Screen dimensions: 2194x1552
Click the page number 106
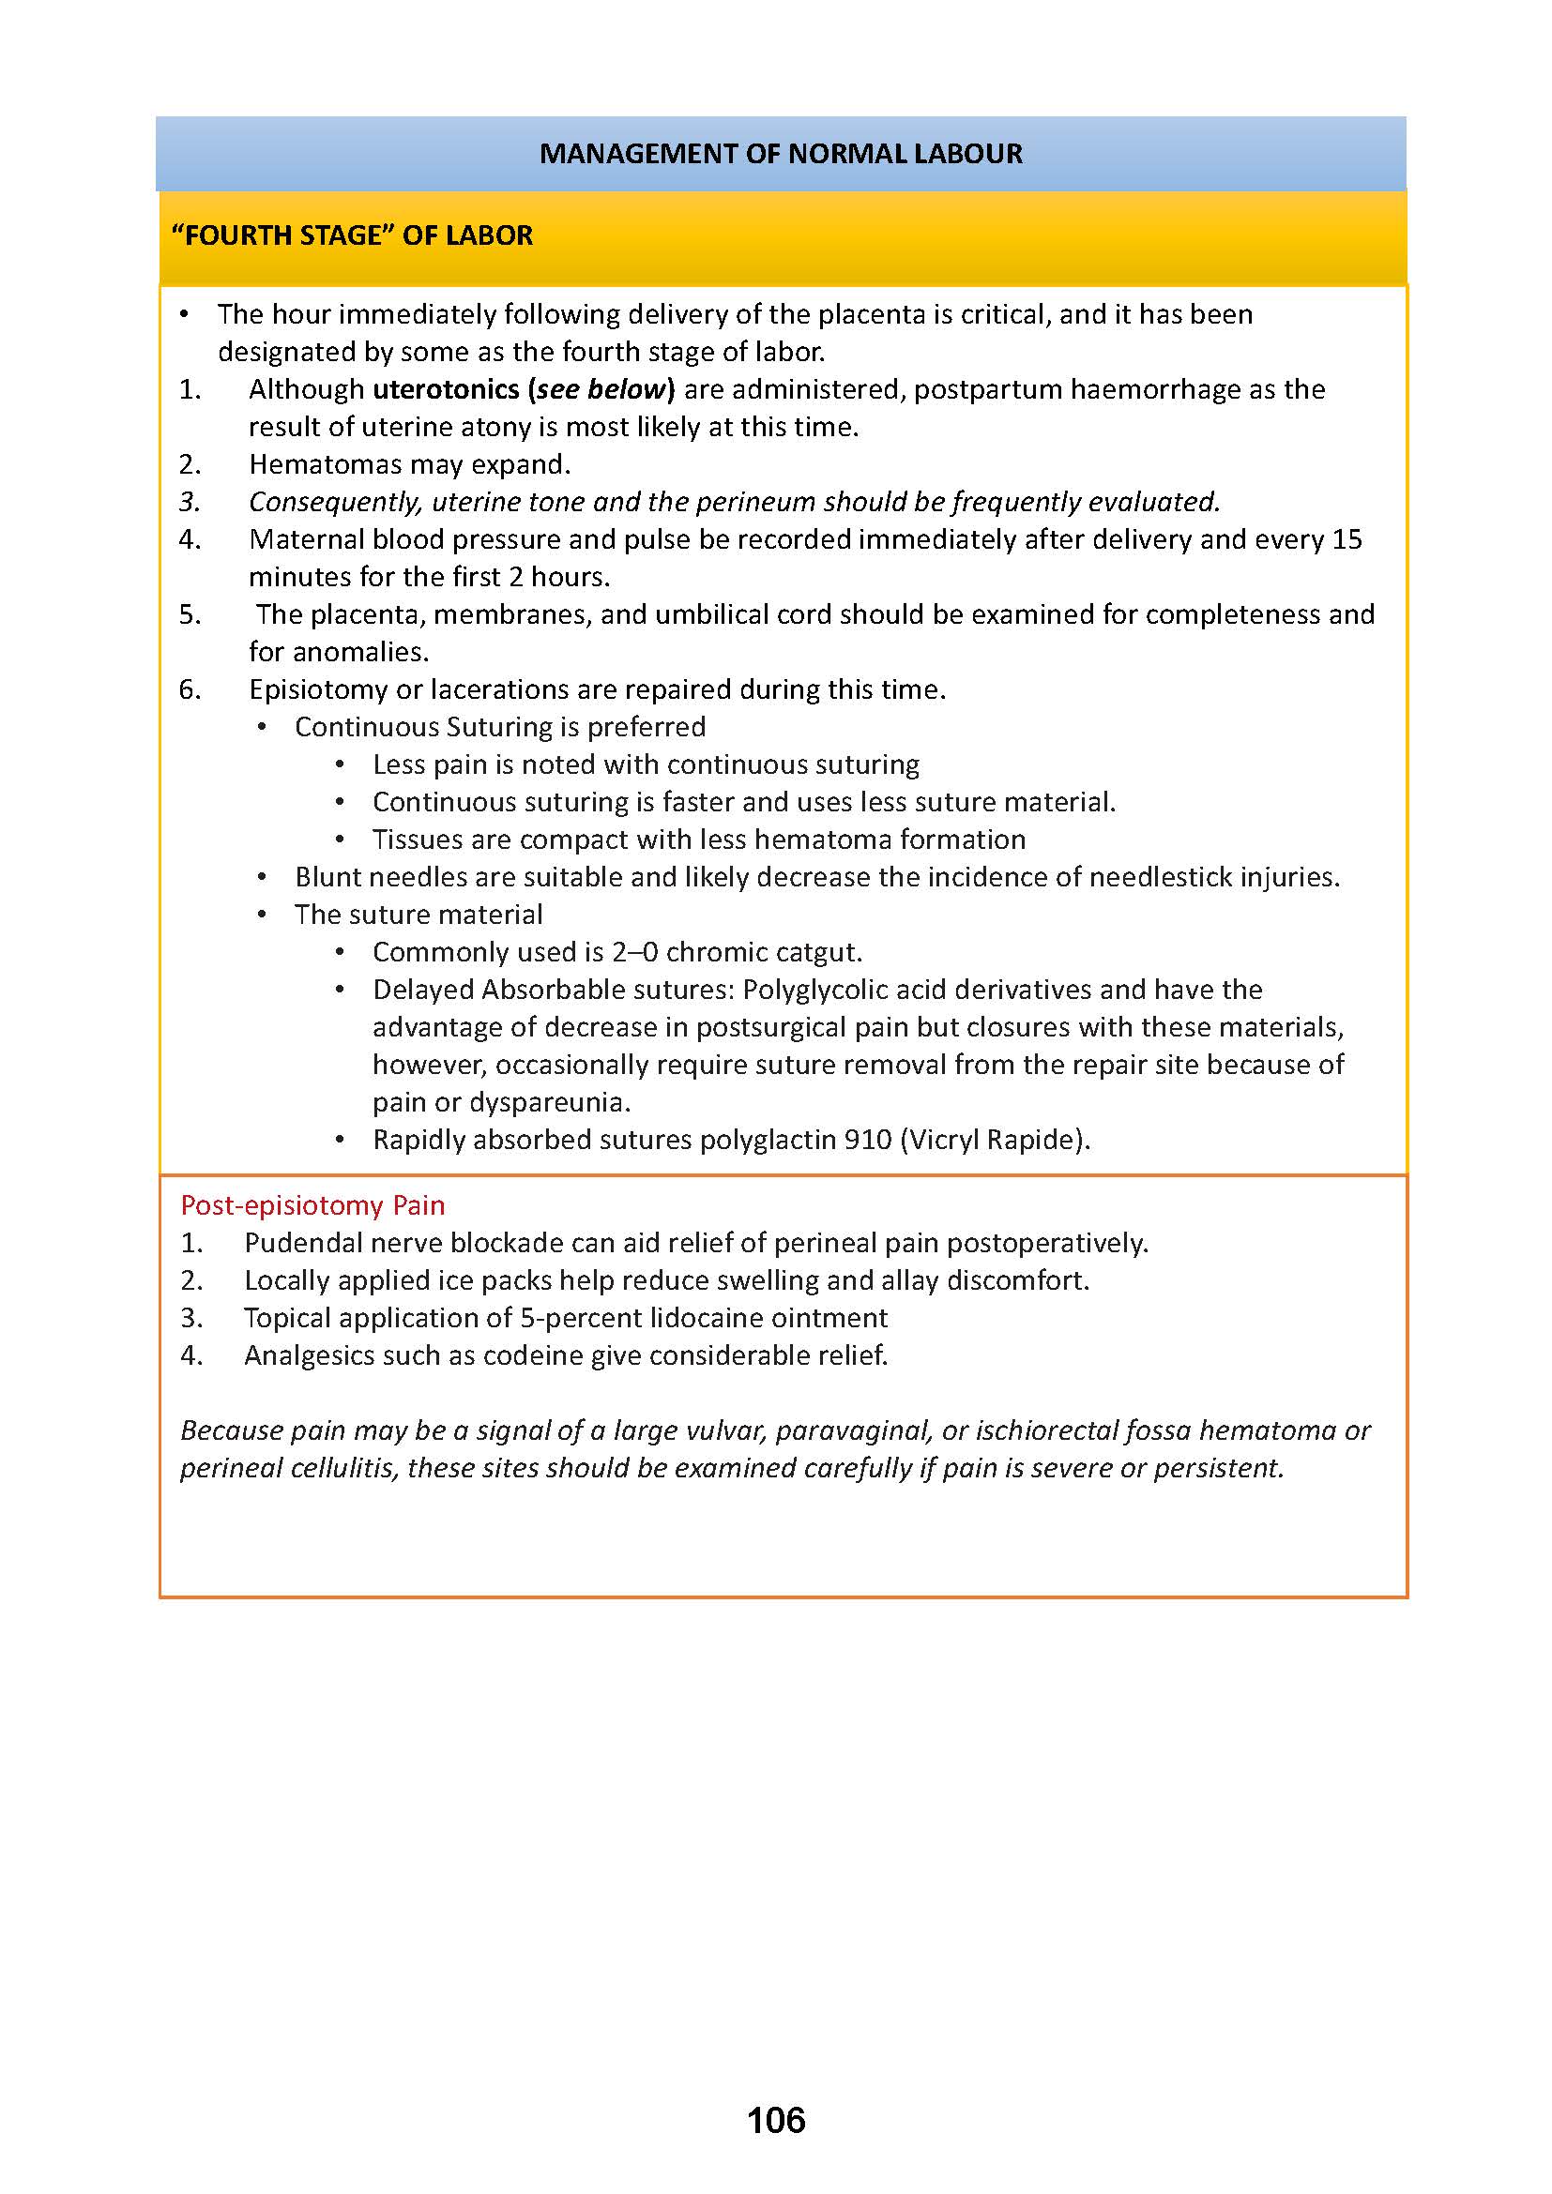click(776, 2121)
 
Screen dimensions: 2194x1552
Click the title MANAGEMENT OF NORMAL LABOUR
click(781, 154)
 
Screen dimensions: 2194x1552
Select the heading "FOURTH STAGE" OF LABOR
click(352, 236)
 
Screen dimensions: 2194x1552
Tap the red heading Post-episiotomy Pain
click(312, 1205)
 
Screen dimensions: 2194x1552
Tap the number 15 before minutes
click(1347, 539)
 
